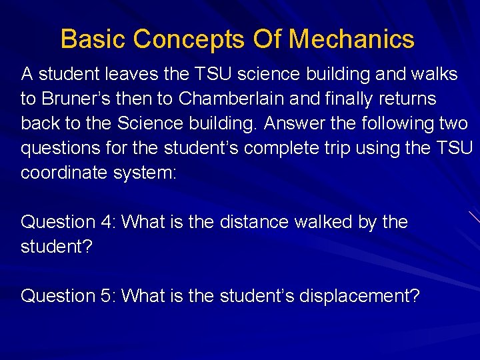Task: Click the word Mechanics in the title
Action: click(x=351, y=39)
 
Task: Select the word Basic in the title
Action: click(x=93, y=39)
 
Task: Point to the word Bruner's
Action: click(x=69, y=99)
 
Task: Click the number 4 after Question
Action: click(x=108, y=222)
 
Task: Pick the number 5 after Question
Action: click(x=108, y=295)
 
